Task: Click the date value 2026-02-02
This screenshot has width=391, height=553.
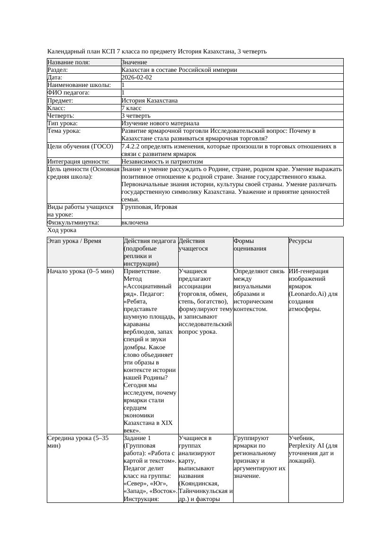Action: click(137, 78)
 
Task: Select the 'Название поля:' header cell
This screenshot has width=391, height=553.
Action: click(69, 62)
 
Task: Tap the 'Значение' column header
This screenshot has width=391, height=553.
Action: click(134, 62)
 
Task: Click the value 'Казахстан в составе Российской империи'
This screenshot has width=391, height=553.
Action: click(179, 70)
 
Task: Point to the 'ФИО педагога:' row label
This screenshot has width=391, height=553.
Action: click(69, 93)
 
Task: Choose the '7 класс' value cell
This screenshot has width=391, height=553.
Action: click(131, 108)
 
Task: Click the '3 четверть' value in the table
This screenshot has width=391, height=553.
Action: click(136, 116)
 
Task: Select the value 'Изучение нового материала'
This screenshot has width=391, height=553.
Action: click(160, 123)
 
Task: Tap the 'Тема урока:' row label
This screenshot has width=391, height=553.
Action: click(64, 131)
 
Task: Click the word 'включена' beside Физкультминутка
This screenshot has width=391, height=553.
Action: click(135, 222)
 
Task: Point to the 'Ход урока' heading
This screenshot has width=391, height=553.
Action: click(62, 230)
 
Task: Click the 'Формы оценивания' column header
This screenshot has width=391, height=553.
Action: click(250, 244)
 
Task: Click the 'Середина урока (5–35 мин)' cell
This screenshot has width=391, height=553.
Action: click(78, 441)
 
